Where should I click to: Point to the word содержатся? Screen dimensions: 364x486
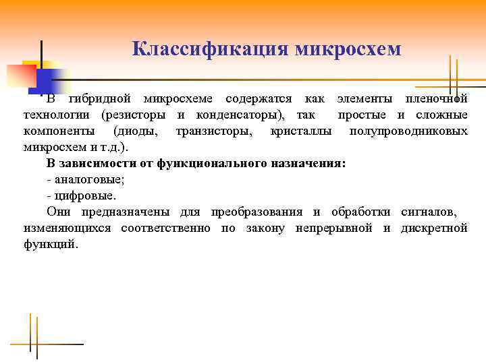coord(259,99)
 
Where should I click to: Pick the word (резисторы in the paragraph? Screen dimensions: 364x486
coord(135,115)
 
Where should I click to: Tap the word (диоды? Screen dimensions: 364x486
coord(136,131)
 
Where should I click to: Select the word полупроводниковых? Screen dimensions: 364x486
coord(408,131)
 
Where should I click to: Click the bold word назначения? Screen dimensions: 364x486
coord(308,163)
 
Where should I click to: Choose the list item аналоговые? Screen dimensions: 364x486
coord(89,179)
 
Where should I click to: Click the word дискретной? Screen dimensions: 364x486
coord(434,229)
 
